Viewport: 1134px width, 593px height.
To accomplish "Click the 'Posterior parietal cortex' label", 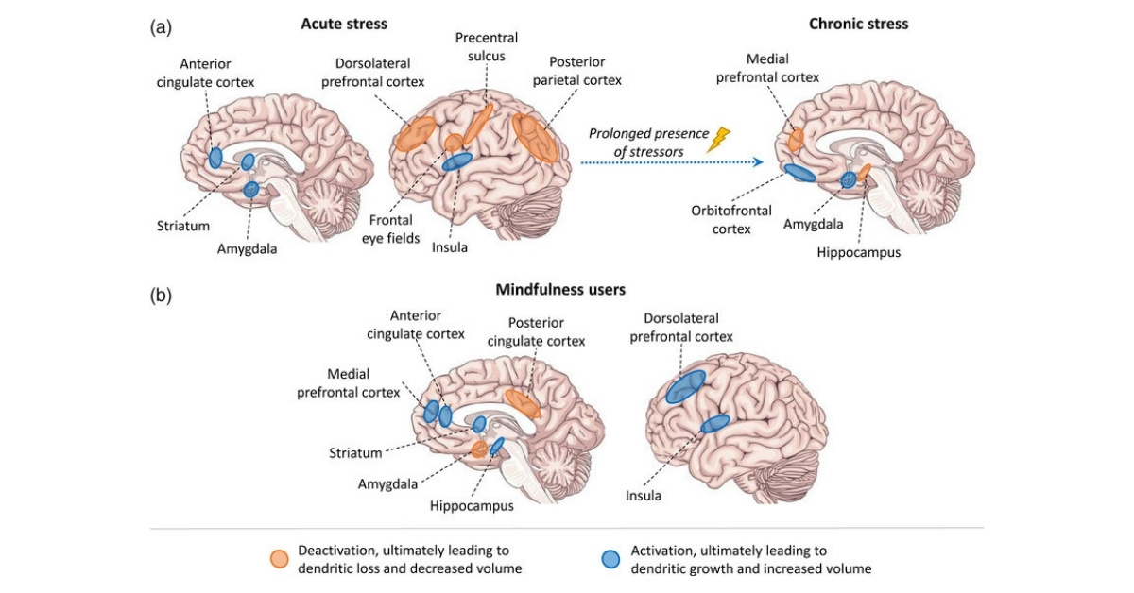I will click(x=577, y=71).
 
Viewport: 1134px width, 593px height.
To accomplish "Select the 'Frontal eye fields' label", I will click(x=396, y=229).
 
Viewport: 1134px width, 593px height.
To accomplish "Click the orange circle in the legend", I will click(x=279, y=559).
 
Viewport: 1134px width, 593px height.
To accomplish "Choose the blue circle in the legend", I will click(x=611, y=559).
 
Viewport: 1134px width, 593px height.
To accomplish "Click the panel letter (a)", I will click(x=161, y=26).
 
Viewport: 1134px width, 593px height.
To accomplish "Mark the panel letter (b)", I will click(x=161, y=295).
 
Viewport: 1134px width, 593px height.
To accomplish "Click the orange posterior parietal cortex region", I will click(x=536, y=137).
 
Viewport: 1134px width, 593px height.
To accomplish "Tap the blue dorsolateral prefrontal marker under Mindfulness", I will click(x=685, y=386).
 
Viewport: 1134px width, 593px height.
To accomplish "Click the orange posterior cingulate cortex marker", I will click(x=523, y=403).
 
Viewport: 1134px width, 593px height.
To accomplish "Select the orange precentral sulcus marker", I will click(x=479, y=123).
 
